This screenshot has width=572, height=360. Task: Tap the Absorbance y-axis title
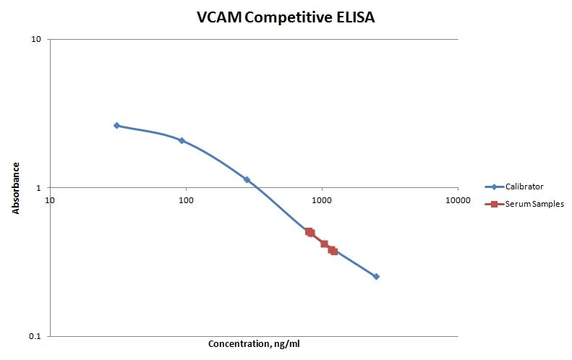15,187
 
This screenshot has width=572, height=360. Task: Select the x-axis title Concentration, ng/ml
253,343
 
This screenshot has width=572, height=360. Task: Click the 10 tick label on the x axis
50,200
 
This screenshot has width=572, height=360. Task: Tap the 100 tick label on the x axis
186,200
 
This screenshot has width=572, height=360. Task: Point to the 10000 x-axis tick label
458,200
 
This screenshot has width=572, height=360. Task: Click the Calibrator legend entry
525,187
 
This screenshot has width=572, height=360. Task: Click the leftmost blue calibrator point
116,126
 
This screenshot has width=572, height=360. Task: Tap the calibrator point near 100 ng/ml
182,140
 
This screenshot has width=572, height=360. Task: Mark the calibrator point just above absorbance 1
247,179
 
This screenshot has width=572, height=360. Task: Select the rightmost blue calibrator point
376,276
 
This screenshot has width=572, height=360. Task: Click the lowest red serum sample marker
334,252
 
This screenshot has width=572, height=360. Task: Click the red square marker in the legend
495,204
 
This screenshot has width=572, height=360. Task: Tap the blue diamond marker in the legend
495,187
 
